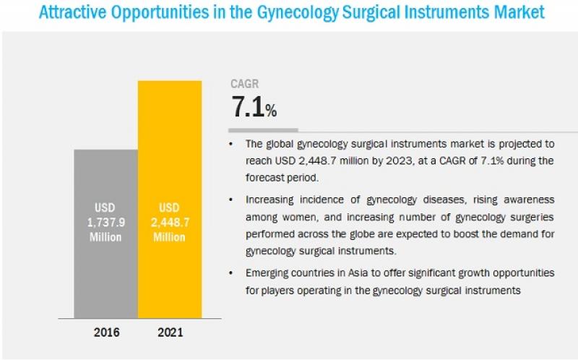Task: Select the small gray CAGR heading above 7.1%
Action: coord(245,84)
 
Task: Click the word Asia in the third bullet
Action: coord(355,273)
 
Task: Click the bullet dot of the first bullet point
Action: coord(232,145)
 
